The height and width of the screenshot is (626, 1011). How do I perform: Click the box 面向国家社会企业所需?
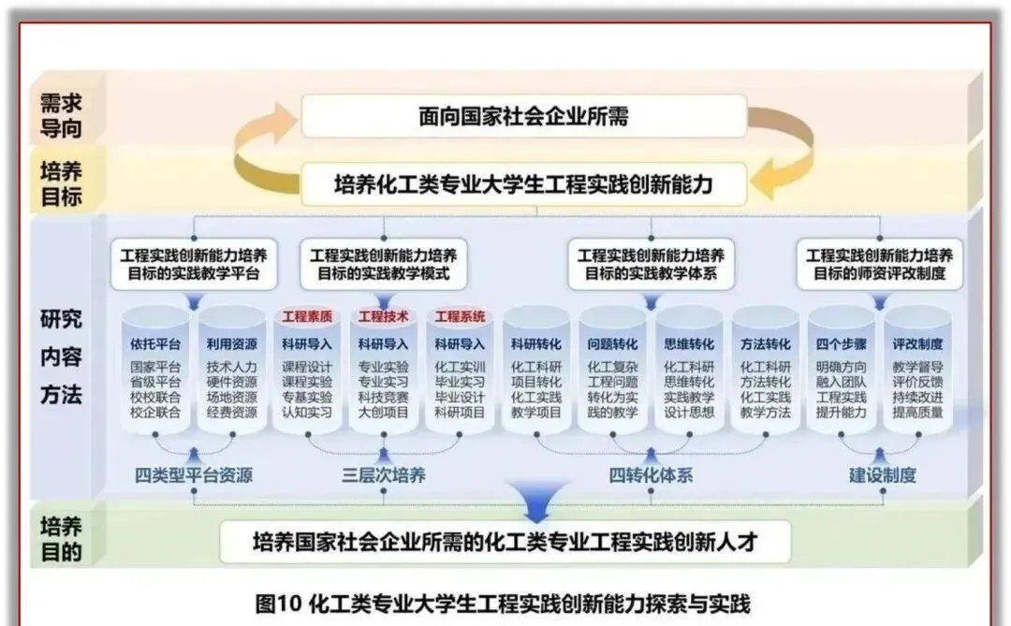[523, 117]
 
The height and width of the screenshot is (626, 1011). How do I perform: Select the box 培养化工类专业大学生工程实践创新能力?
[523, 184]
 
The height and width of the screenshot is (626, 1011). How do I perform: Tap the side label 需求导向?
[61, 115]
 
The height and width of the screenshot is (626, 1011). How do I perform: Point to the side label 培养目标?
[61, 183]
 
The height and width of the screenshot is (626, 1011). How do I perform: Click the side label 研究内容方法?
[61, 356]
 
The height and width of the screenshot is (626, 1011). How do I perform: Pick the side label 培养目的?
[61, 538]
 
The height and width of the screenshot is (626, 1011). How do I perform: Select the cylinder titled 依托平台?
[154, 374]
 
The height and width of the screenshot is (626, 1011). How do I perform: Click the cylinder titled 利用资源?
[231, 374]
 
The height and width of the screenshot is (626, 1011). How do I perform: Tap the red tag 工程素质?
[307, 317]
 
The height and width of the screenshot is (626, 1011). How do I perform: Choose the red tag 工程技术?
[384, 317]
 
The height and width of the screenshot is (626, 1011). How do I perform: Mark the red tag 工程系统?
[460, 317]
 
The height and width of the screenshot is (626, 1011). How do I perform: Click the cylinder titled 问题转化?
[612, 374]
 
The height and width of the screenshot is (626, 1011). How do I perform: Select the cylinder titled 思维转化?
[689, 374]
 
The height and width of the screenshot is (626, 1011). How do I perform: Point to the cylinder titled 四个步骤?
[841, 374]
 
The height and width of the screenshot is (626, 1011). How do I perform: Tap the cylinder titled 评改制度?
[917, 374]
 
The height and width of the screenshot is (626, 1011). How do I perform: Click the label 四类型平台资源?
[194, 475]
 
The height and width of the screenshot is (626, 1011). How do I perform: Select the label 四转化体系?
[652, 475]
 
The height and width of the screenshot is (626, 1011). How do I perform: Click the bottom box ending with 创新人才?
[505, 541]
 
